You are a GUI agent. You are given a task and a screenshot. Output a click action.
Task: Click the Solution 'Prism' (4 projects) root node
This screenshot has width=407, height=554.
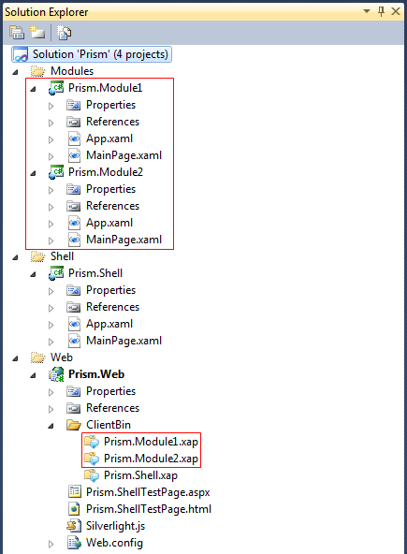tap(100, 54)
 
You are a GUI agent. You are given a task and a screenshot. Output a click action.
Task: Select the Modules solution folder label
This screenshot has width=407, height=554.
tap(72, 71)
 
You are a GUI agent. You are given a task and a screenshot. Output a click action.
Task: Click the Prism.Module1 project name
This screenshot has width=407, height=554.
tap(106, 88)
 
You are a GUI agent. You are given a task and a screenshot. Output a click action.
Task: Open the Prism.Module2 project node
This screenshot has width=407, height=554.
tap(106, 172)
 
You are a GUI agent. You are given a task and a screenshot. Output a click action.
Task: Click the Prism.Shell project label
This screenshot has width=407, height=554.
tap(95, 273)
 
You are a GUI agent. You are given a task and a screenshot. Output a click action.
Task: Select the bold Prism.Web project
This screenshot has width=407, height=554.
tap(96, 374)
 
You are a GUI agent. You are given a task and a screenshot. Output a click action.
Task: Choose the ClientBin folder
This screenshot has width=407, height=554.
tap(109, 425)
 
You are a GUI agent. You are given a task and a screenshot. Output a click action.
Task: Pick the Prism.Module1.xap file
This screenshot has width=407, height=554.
tap(151, 442)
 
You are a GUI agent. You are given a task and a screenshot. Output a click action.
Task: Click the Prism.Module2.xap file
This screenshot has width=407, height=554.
tap(151, 459)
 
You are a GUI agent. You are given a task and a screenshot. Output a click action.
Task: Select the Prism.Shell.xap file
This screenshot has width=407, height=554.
tap(140, 475)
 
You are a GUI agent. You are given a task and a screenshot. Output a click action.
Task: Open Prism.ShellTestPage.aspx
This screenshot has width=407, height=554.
tap(148, 492)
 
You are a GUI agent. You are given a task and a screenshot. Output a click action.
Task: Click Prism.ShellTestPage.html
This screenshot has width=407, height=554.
tap(149, 509)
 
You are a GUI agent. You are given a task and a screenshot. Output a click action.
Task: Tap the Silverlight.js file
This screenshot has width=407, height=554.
tap(115, 526)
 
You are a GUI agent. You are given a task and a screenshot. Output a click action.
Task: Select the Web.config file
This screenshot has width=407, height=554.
tap(114, 543)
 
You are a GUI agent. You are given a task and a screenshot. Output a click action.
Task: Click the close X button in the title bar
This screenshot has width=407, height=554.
tap(396, 11)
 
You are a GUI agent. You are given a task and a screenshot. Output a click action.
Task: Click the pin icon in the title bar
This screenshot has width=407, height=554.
tap(381, 11)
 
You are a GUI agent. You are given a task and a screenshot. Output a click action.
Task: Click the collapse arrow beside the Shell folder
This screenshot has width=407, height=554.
tap(15, 257)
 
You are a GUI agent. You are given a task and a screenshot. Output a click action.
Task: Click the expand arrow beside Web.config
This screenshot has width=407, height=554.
tap(51, 544)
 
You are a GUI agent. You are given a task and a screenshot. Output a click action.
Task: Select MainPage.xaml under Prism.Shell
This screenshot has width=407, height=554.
tap(124, 341)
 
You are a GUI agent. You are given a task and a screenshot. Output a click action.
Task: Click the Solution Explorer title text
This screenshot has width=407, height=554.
tap(46, 12)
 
